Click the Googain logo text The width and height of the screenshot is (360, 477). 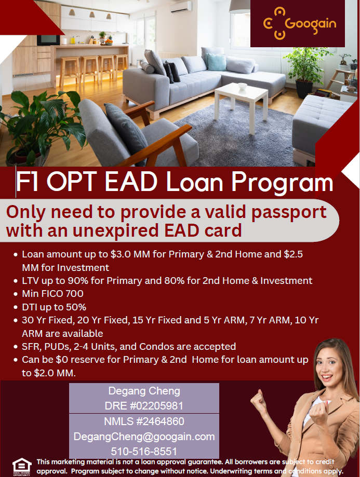311,24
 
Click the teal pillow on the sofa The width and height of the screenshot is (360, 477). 216,62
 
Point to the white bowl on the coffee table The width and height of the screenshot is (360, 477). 243,86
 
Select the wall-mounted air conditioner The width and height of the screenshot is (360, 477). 181,7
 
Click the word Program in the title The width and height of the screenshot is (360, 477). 282,182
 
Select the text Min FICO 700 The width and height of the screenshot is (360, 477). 52,294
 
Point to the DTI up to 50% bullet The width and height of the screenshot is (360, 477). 54,307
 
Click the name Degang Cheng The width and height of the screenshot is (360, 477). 144,391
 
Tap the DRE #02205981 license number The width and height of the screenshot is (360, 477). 144,406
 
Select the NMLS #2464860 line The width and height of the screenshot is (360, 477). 144,421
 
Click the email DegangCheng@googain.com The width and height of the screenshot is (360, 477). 144,437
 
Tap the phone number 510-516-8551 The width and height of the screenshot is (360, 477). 144,451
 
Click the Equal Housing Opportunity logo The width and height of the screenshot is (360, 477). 22,467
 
